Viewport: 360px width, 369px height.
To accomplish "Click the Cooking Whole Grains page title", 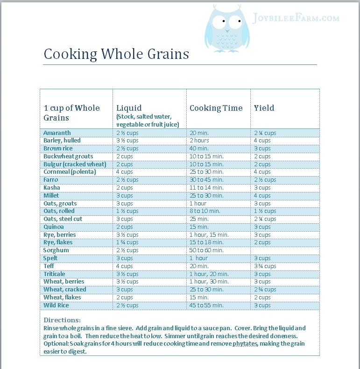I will [116, 54].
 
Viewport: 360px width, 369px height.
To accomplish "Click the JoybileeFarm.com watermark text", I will [296, 18].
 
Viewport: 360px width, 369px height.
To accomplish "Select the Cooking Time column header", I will [216, 108].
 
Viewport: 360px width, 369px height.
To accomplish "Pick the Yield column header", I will [264, 108].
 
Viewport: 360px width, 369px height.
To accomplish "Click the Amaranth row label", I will [57, 133].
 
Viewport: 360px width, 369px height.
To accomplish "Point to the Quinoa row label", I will [54, 227].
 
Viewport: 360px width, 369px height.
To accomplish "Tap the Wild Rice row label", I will [56, 305].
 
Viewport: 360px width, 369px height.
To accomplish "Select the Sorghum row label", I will [56, 250].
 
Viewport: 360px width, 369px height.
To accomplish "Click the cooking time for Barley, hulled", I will [199, 141].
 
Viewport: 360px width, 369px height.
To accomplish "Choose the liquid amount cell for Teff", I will [125, 266].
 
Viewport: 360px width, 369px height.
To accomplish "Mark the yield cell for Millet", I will [262, 195].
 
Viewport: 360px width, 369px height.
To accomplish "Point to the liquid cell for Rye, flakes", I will [127, 242].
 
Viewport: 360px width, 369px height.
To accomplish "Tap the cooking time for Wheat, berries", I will [209, 282].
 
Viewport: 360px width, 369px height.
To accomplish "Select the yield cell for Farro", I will [265, 180].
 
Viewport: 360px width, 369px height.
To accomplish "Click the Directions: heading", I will [62, 320].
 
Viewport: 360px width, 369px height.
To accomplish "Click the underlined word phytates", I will [245, 344].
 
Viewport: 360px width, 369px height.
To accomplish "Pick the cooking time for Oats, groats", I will [198, 203].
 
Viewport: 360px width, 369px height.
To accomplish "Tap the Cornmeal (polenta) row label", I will [70, 172].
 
